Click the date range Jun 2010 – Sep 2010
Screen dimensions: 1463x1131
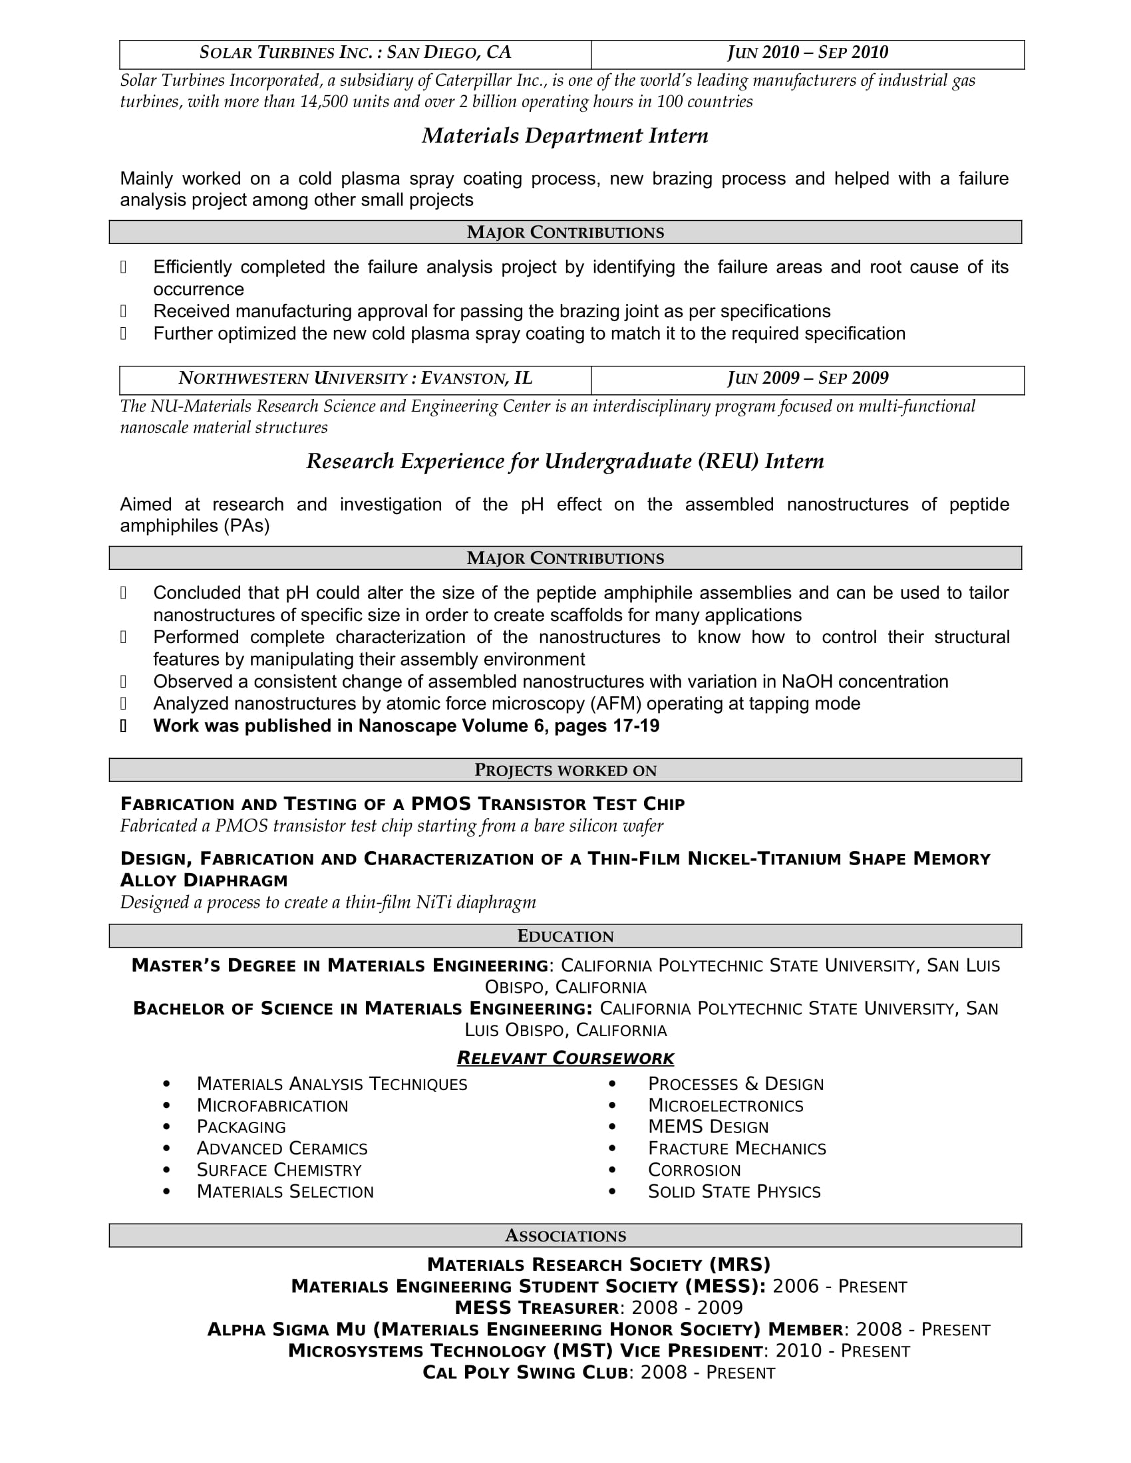point(808,53)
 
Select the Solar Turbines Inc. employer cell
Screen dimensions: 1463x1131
point(355,53)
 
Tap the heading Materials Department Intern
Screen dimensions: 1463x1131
point(565,136)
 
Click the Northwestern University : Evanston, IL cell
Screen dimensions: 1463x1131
point(355,379)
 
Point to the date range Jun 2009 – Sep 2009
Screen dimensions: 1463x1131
point(808,379)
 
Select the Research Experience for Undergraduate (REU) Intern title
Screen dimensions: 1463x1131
point(565,462)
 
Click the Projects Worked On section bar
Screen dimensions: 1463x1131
point(565,770)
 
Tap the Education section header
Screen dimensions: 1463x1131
point(565,936)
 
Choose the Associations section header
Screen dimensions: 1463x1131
point(565,1236)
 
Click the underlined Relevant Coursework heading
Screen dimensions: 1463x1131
point(565,1059)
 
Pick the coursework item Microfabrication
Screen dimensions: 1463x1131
point(272,1106)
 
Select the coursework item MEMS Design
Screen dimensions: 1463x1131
point(708,1127)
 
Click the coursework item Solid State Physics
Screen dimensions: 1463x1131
point(734,1192)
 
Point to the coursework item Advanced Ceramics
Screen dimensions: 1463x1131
point(281,1149)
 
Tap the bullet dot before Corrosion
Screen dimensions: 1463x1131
point(611,1170)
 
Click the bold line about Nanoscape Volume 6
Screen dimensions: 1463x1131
point(406,726)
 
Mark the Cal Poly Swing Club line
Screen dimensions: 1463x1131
point(598,1373)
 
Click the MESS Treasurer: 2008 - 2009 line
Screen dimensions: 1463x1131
point(598,1308)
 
